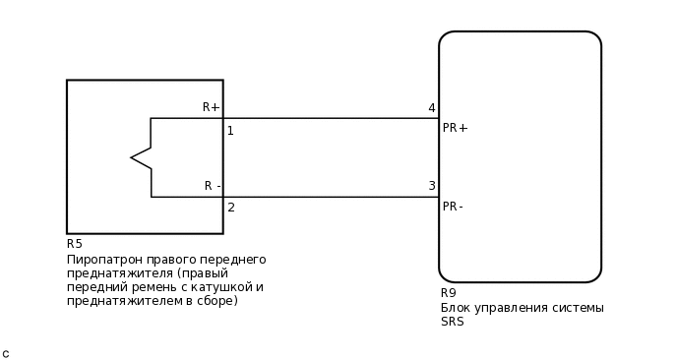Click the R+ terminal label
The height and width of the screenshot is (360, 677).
pos(211,107)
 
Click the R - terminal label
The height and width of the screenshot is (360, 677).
pos(213,186)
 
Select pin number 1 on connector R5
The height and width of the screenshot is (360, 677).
pos(230,131)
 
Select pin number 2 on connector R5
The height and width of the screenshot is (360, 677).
pos(230,208)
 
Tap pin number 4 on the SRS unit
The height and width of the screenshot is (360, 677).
pos(431,108)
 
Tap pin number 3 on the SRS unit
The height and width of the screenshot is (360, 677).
pos(431,186)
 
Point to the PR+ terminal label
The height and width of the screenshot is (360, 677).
pos(455,128)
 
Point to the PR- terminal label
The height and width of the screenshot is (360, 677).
pos(453,207)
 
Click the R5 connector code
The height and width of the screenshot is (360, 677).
pos(75,244)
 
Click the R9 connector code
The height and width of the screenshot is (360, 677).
pos(449,293)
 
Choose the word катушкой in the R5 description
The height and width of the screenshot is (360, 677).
pos(215,287)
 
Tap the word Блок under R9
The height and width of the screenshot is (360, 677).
pos(456,308)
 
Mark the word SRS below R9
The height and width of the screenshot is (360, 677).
pos(452,322)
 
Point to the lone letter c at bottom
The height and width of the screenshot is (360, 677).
pos(6,353)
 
